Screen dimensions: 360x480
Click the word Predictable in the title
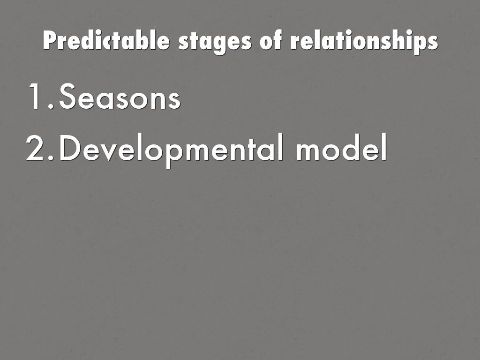click(x=107, y=41)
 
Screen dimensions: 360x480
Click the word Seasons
click(x=120, y=97)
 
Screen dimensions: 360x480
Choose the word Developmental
click(x=171, y=150)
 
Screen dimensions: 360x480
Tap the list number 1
click(x=38, y=97)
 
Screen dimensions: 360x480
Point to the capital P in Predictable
click(x=49, y=41)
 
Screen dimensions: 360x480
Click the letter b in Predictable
click(x=144, y=41)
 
